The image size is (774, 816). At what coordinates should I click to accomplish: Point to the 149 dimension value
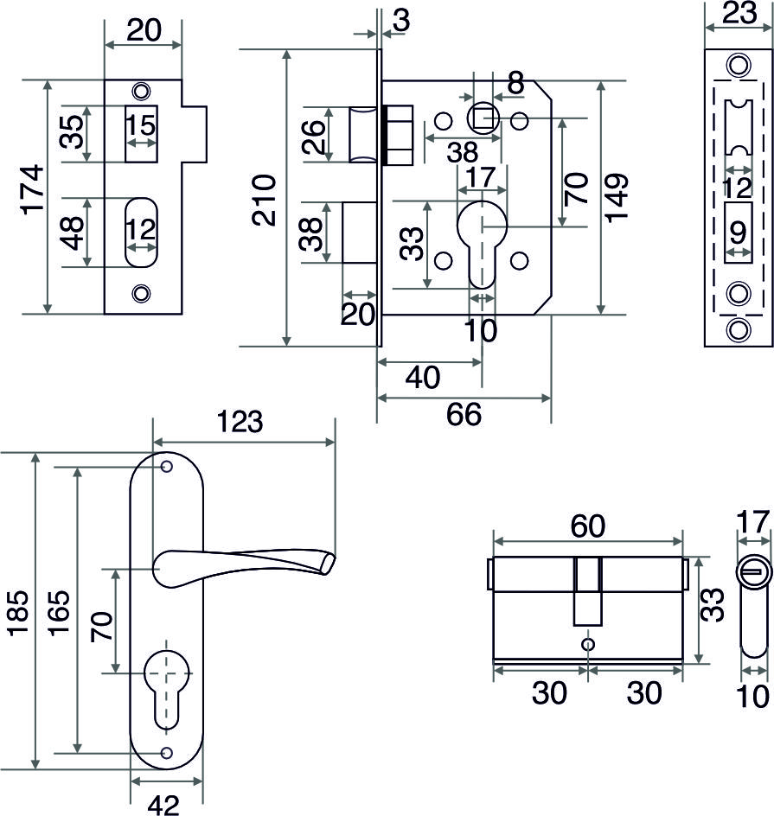click(617, 197)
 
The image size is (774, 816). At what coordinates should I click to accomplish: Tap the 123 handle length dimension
click(240, 423)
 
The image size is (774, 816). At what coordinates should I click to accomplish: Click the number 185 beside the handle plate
click(17, 615)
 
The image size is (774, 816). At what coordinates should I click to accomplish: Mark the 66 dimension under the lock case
click(464, 415)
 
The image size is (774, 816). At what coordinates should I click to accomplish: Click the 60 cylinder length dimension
click(586, 526)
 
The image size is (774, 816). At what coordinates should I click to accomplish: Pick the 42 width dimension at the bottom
click(163, 804)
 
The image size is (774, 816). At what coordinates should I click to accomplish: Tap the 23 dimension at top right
click(738, 13)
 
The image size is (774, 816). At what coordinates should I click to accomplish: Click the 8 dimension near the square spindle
click(515, 83)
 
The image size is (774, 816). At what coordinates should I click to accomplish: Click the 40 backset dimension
click(423, 378)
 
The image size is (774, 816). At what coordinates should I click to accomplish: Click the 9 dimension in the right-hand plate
click(738, 233)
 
